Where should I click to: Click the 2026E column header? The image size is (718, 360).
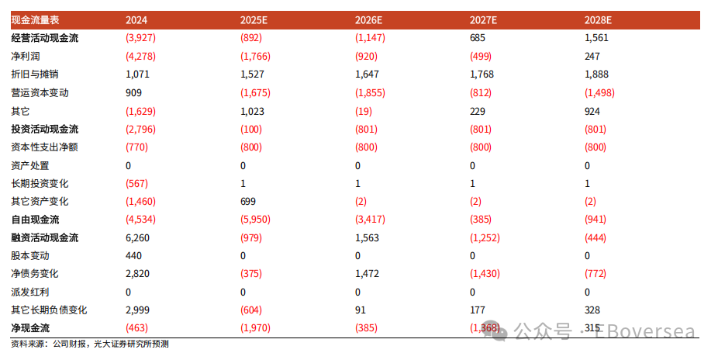click(368, 20)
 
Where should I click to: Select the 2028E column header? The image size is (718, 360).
click(598, 20)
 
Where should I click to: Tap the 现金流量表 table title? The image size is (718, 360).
click(35, 20)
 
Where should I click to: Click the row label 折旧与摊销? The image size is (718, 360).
click(35, 74)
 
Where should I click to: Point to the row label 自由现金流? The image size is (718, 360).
click(35, 220)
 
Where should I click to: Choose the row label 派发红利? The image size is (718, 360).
click(29, 292)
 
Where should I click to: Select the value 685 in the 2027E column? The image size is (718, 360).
click(477, 38)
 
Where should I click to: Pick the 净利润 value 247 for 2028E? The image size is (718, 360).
click(592, 57)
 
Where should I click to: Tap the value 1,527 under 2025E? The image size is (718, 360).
click(252, 74)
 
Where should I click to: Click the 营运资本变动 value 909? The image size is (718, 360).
click(133, 93)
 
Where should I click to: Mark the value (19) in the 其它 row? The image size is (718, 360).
click(364, 111)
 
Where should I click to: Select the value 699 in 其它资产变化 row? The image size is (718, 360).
click(247, 202)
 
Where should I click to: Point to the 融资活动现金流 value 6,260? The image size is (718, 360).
click(137, 238)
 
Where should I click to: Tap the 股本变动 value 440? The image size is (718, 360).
click(133, 256)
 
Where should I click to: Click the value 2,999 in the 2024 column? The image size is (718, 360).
click(137, 310)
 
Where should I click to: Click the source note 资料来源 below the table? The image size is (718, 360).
click(90, 344)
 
